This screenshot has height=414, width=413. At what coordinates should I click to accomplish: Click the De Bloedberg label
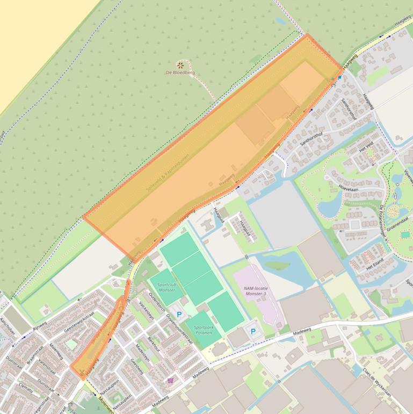pos(180,73)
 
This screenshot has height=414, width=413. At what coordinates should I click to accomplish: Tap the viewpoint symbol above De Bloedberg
pos(180,65)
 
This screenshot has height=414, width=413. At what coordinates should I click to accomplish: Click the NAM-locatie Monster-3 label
pos(255,291)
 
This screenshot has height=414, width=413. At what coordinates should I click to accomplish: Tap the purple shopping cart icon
pos(171,380)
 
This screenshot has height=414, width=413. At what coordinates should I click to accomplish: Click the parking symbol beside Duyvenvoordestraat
pos(179,314)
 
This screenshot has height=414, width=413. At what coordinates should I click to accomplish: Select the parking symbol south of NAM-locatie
pos(253,332)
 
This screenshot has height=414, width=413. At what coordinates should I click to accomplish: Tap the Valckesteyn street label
pos(146,310)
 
